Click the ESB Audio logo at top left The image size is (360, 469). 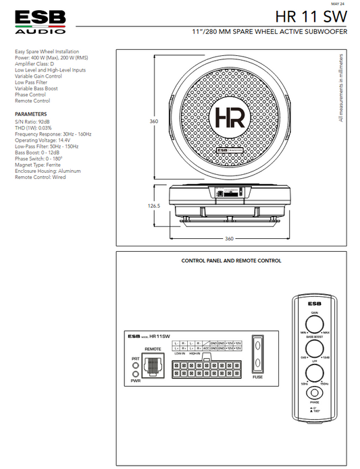tap(41, 22)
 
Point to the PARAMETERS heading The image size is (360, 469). tap(31, 114)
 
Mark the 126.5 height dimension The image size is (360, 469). tap(154, 206)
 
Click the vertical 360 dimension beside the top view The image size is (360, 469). tap(154, 121)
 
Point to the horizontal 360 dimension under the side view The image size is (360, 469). tap(229, 238)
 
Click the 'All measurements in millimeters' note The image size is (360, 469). tap(342, 88)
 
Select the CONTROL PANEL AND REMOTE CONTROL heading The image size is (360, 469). tap(232, 260)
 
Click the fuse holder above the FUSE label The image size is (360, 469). tap(257, 355)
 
